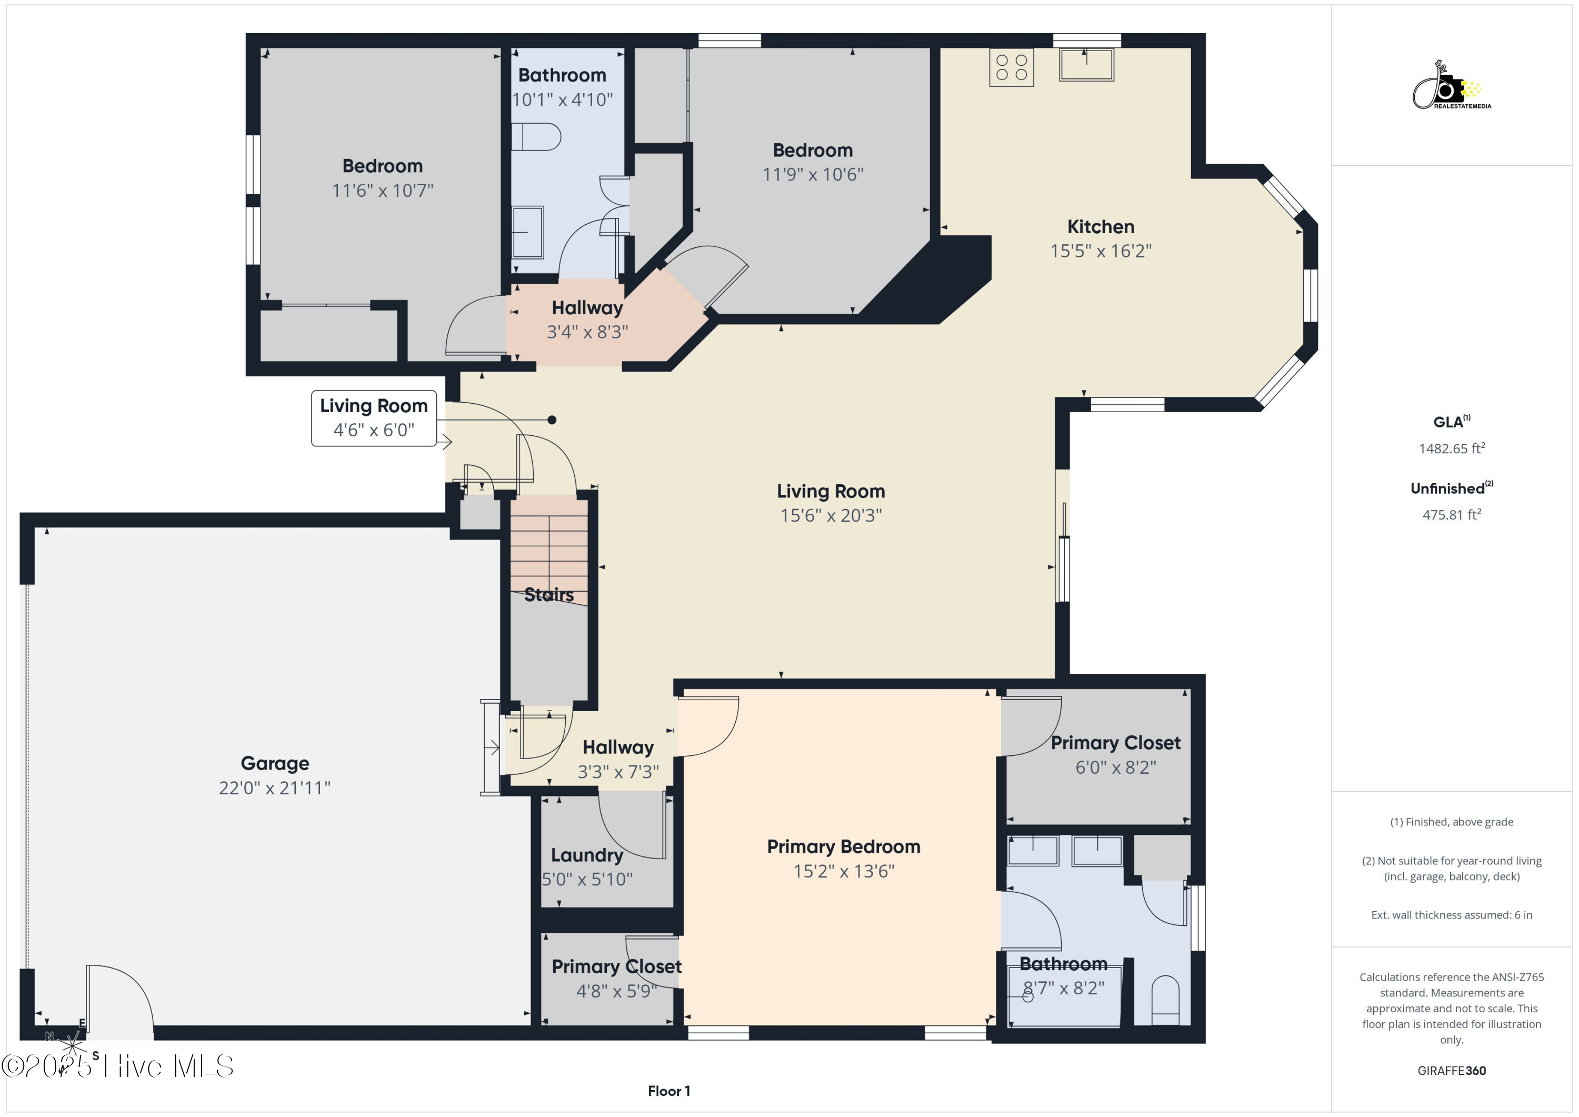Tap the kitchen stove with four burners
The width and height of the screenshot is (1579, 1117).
coord(1011,67)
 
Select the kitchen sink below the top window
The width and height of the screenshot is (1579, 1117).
coord(1086,65)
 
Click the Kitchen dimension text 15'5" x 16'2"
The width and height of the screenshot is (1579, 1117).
coord(1101,251)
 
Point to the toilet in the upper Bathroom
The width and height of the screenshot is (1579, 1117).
coord(536,137)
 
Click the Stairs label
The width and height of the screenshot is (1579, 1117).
coord(549,594)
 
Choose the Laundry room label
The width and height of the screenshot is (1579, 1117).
coord(587,855)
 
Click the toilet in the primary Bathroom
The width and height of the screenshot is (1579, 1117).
coord(1165,1001)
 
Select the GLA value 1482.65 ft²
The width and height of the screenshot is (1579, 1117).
coord(1452,448)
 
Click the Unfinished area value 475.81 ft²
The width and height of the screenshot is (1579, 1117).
coord(1452,514)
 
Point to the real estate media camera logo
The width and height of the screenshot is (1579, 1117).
coord(1451,86)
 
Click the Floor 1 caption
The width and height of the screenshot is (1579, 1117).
coord(668,1091)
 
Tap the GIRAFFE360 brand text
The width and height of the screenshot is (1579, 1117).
coord(1452,1071)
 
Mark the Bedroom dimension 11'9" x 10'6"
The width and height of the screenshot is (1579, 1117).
coord(813,175)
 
